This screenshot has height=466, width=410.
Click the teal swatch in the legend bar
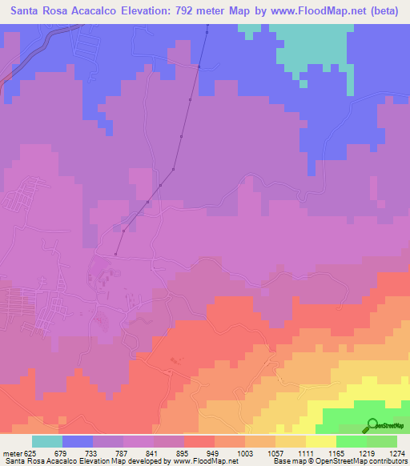pyautogui.click(x=47, y=441)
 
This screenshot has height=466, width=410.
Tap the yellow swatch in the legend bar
pyautogui.click(x=321, y=441)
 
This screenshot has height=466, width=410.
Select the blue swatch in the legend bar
pyautogui.click(x=78, y=441)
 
